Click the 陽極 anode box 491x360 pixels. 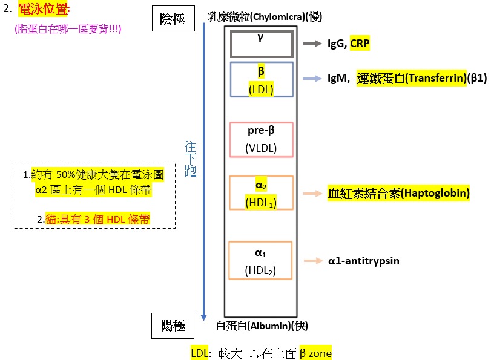click(x=173, y=325)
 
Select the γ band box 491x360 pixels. click(x=261, y=43)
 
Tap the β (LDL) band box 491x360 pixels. click(x=261, y=79)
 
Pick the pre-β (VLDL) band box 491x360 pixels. click(x=261, y=140)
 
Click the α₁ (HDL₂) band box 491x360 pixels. click(x=261, y=261)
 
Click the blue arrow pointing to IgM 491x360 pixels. click(x=312, y=79)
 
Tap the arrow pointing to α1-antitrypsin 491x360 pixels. click(x=312, y=261)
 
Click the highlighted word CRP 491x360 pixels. click(x=360, y=44)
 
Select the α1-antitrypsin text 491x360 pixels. click(x=363, y=261)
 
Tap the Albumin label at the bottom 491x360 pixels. click(x=262, y=326)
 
